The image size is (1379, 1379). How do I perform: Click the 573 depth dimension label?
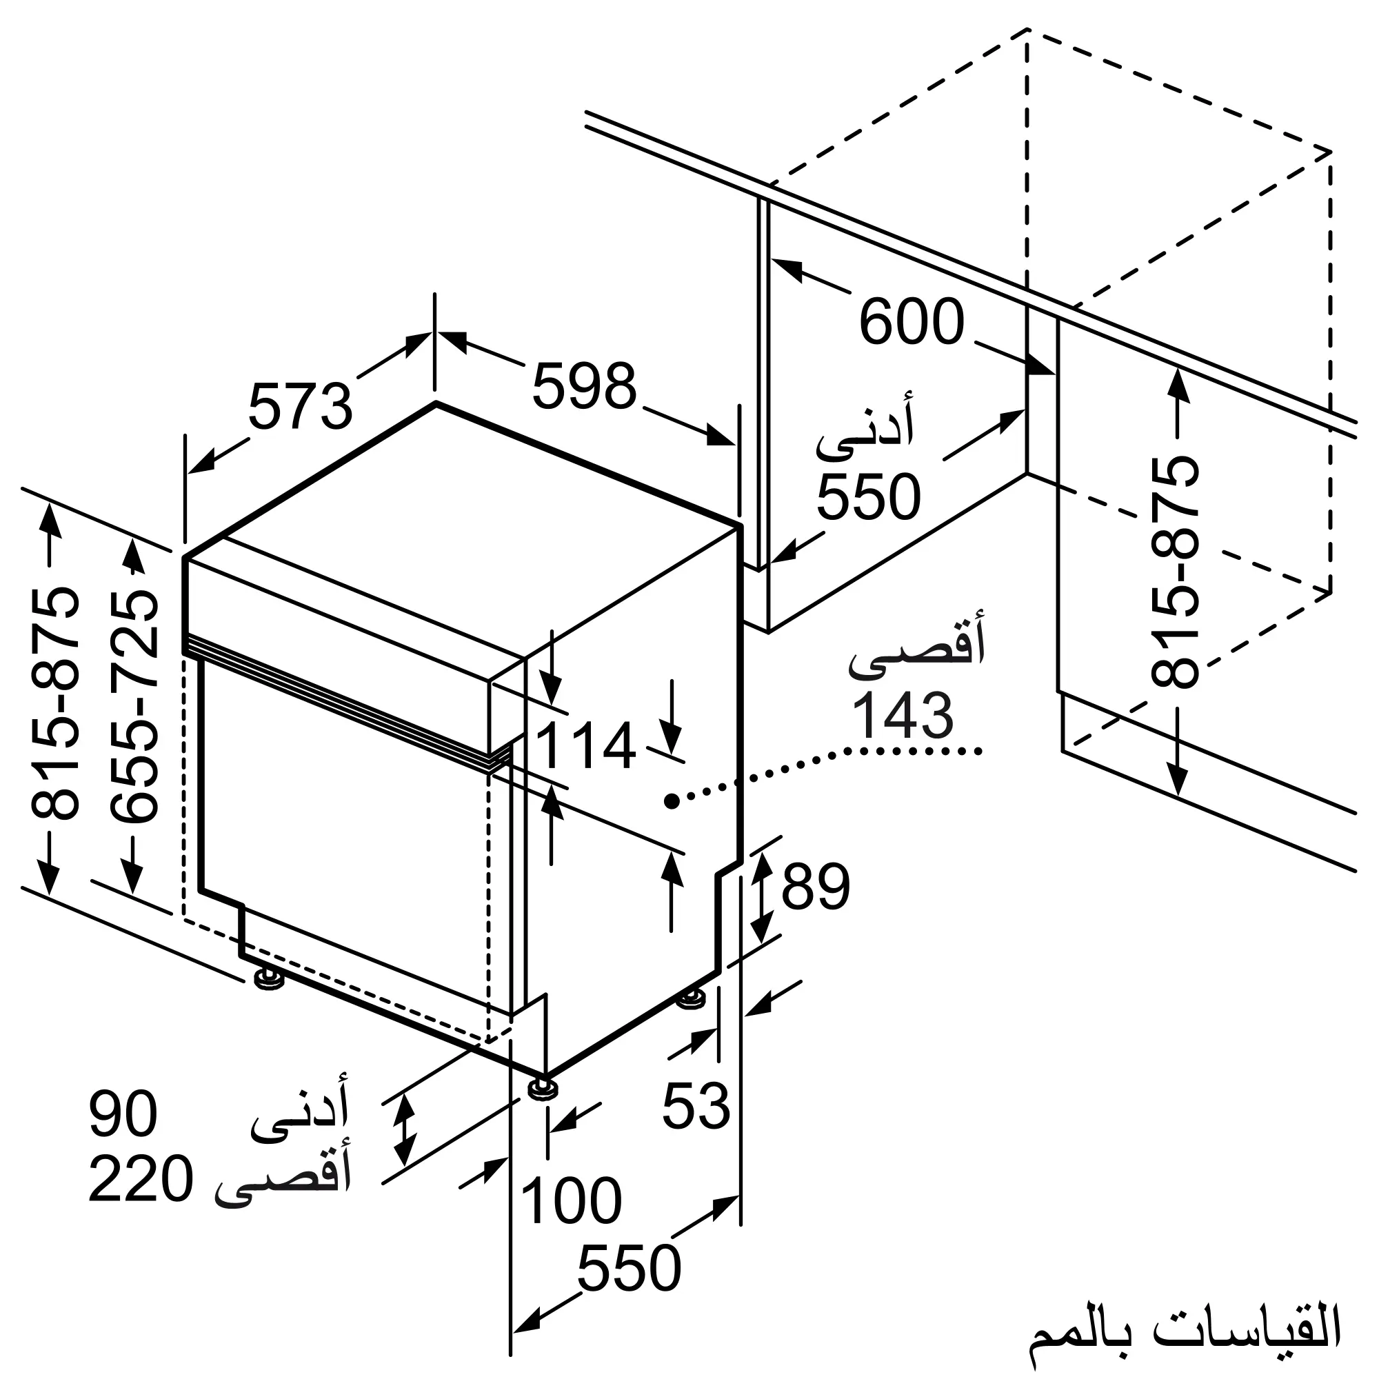301,407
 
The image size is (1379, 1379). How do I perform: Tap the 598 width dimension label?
584,386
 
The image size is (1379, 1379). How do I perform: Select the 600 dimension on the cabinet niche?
912,322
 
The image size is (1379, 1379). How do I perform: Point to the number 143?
903,715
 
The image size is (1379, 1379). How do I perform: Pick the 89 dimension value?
816,887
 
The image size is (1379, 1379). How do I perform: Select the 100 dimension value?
572,1201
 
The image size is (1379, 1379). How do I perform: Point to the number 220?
141,1180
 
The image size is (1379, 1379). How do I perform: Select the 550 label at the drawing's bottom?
629,1269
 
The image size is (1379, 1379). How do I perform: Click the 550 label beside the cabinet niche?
869,496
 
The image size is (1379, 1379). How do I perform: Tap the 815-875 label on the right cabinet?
1175,572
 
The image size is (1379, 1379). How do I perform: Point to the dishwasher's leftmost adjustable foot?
269,978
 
